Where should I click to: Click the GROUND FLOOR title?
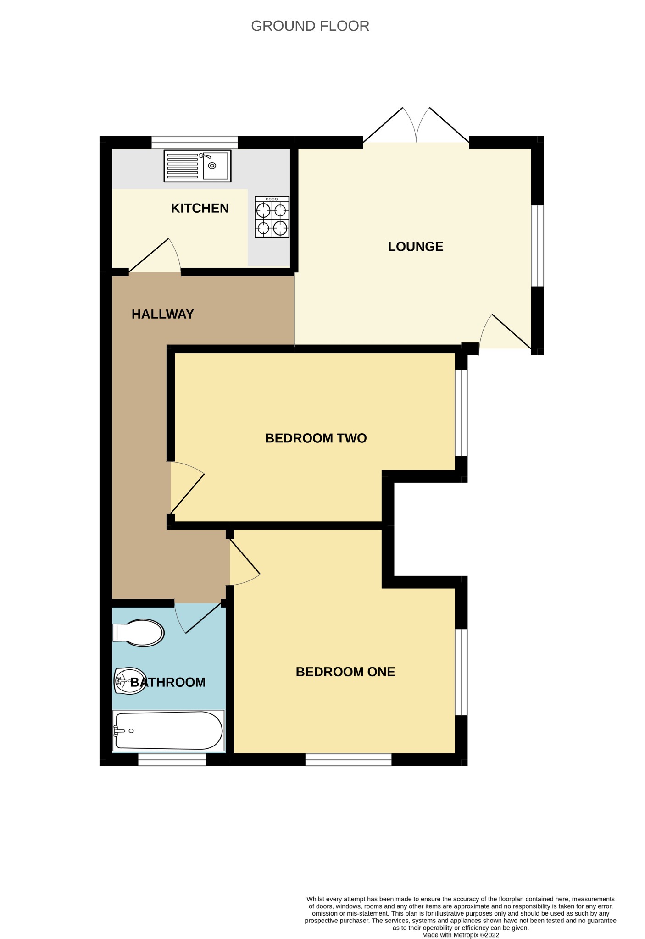pyautogui.click(x=310, y=26)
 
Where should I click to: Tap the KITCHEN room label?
pyautogui.click(x=200, y=208)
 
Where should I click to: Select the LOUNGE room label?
pyautogui.click(x=416, y=247)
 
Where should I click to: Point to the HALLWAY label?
pyautogui.click(x=163, y=314)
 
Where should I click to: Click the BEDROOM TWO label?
pyautogui.click(x=316, y=438)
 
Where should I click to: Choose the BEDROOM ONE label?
pyautogui.click(x=345, y=672)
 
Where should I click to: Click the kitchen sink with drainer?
pyautogui.click(x=197, y=166)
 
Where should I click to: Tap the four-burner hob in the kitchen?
pyautogui.click(x=272, y=217)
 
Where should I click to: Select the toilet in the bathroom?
pyautogui.click(x=139, y=633)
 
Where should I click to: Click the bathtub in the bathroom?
pyautogui.click(x=168, y=731)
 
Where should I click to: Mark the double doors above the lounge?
pyautogui.click(x=416, y=126)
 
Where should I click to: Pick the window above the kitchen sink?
pyautogui.click(x=195, y=142)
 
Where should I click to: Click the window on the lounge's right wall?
pyautogui.click(x=537, y=246)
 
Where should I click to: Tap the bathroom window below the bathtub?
pyautogui.click(x=172, y=760)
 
